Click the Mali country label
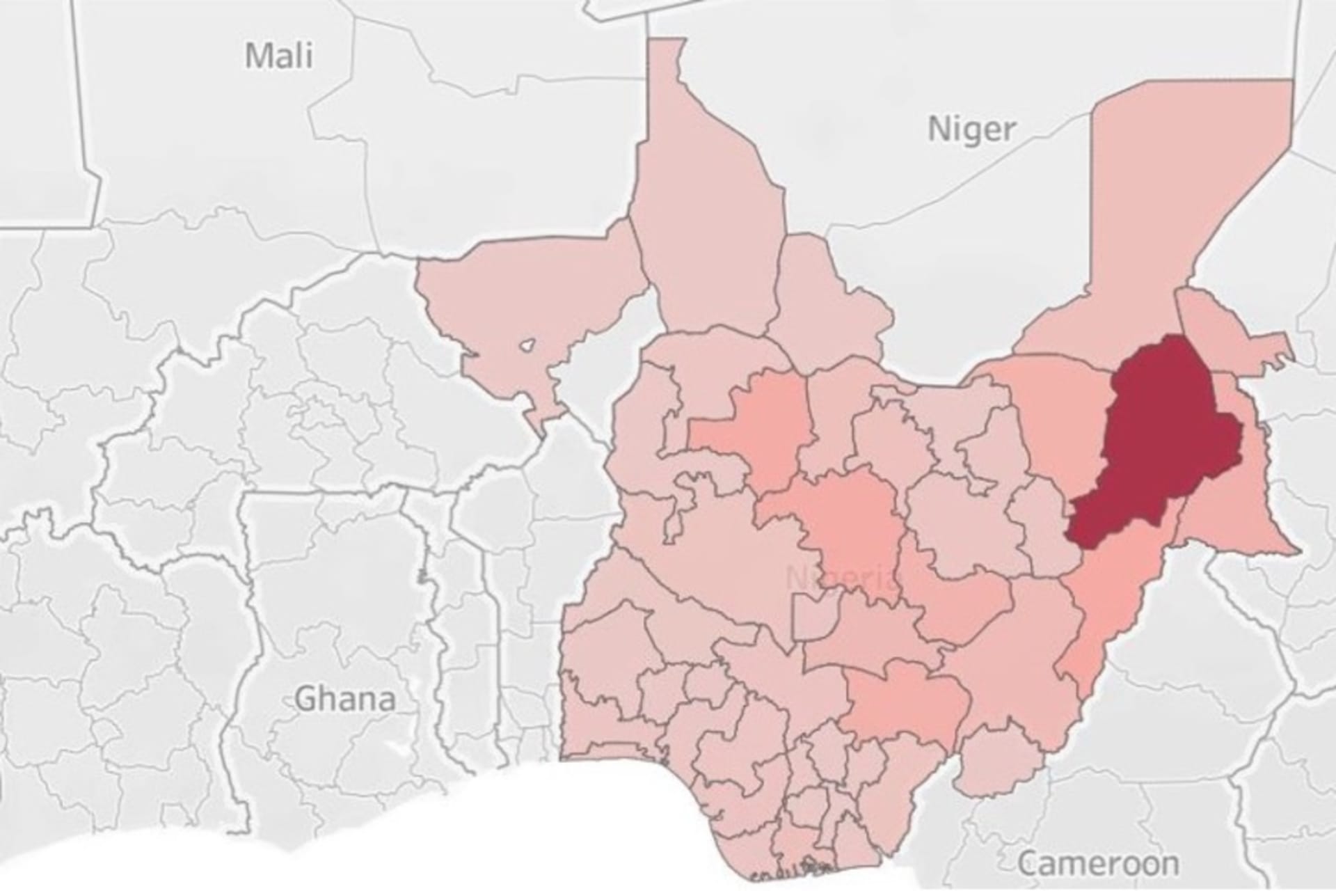tap(279, 56)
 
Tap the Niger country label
tap(971, 129)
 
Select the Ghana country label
tap(345, 698)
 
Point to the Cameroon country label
tap(1099, 864)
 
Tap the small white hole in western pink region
tap(529, 345)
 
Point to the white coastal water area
tap(557, 821)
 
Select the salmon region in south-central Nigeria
tap(905, 703)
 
